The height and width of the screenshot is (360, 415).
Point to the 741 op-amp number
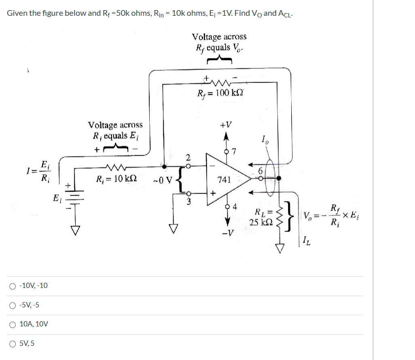click(x=224, y=179)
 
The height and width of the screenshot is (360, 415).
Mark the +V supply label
click(x=226, y=124)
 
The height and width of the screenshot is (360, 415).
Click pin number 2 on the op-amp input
click(x=188, y=157)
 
